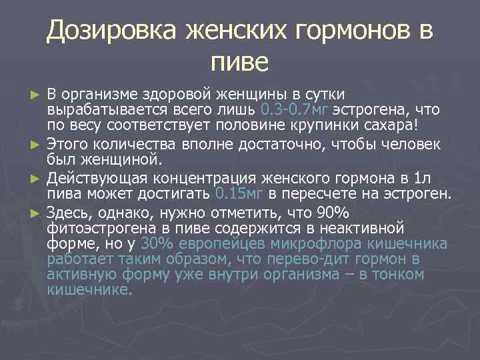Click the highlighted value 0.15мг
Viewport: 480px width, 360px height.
coord(241,194)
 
